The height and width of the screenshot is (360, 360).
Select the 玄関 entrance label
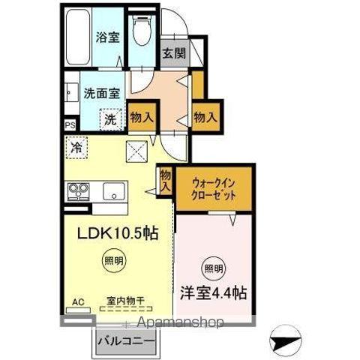click(x=173, y=55)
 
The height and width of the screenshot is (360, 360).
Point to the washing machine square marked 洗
click(x=109, y=118)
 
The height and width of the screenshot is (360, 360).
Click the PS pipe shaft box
click(x=70, y=125)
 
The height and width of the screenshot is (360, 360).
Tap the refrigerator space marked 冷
click(x=76, y=148)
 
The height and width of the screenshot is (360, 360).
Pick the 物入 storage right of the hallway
click(x=205, y=117)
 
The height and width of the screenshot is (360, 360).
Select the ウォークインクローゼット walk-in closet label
click(x=214, y=187)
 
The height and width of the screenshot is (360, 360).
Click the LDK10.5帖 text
click(x=118, y=233)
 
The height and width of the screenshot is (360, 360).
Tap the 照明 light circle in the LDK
click(x=110, y=262)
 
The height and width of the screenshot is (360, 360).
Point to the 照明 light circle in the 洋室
click(x=213, y=268)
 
